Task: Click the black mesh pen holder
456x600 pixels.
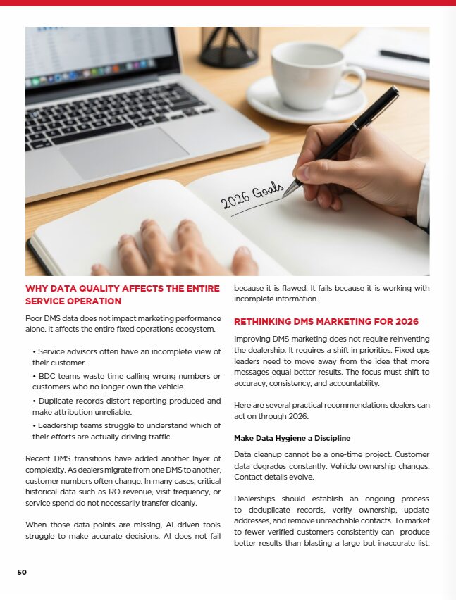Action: (229, 45)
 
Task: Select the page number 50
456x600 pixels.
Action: (22, 572)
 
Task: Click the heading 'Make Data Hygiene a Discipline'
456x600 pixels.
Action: (292, 438)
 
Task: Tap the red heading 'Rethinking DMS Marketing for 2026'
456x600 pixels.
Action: (326, 322)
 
